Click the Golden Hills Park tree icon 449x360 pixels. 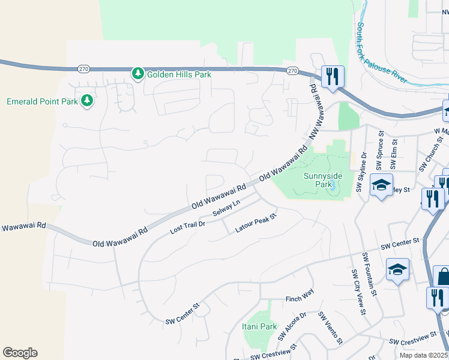[137, 74]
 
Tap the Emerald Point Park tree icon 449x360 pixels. [87, 101]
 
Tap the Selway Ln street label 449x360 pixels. [226, 210]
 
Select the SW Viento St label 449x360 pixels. [330, 328]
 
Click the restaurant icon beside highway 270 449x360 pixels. [333, 77]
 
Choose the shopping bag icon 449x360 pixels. [442, 277]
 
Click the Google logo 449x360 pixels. [20, 353]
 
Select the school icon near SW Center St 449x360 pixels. [397, 271]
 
